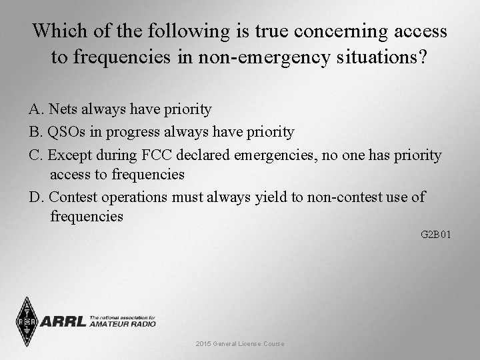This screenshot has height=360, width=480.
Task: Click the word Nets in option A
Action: (62, 109)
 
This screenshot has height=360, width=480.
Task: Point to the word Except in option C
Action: (71, 155)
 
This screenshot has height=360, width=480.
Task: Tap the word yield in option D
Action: (275, 197)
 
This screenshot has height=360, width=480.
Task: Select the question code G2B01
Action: (436, 235)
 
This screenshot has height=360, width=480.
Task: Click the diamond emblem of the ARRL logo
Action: (27, 321)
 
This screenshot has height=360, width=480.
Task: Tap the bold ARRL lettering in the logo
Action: (63, 321)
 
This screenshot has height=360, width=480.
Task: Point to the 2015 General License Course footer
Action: (240, 343)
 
